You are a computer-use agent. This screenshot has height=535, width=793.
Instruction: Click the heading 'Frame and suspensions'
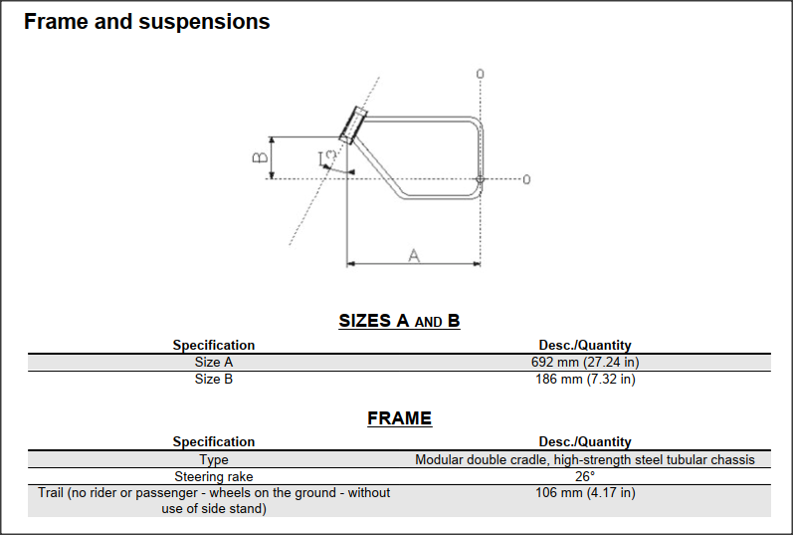tap(146, 21)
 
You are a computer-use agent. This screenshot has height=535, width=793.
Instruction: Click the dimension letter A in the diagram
tap(414, 255)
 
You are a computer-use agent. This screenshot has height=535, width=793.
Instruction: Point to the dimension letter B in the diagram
tap(258, 157)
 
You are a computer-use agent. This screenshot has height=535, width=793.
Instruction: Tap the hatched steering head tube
tap(353, 124)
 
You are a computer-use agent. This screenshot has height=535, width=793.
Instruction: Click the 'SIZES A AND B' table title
tap(399, 321)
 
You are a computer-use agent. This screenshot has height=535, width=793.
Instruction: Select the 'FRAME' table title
tap(399, 418)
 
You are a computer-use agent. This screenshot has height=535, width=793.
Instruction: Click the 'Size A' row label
tap(214, 363)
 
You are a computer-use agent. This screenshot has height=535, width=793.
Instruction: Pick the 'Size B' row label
tap(214, 379)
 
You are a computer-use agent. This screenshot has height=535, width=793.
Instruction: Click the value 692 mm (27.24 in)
tap(585, 363)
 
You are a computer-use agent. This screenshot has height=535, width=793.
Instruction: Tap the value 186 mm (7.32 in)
tap(585, 379)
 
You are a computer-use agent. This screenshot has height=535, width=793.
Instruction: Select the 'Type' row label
tap(214, 459)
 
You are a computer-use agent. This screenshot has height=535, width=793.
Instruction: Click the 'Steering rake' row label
tap(214, 476)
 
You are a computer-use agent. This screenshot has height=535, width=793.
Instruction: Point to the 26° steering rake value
tap(585, 476)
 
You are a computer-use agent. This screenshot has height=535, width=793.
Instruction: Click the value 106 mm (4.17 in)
tap(585, 492)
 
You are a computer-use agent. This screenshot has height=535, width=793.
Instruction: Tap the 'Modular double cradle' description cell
tap(585, 459)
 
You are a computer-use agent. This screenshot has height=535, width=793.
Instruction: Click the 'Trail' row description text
tap(214, 500)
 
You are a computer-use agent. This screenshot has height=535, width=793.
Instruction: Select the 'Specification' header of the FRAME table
tap(214, 441)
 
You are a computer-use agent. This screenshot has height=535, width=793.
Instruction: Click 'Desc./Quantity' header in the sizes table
tap(585, 346)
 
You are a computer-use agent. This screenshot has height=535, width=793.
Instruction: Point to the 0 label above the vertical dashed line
tap(481, 74)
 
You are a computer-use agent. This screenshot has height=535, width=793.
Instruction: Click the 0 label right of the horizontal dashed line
tap(526, 179)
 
